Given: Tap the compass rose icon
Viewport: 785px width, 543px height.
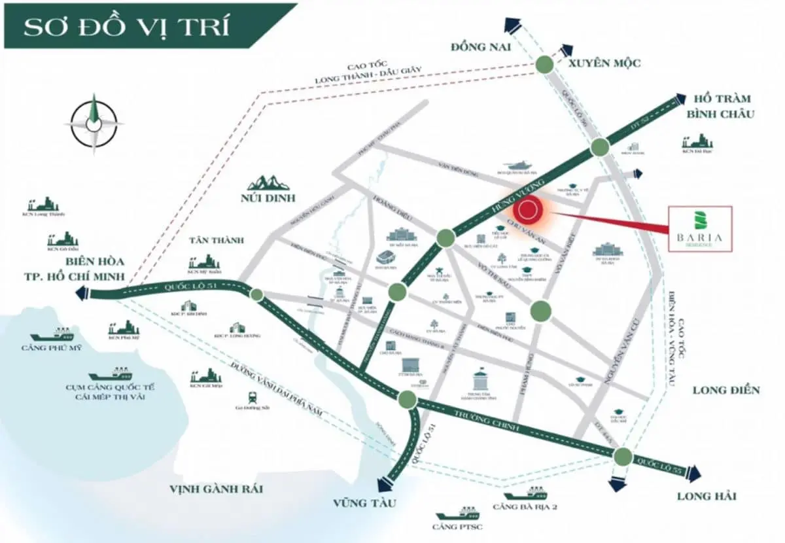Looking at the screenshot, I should tap(94, 123).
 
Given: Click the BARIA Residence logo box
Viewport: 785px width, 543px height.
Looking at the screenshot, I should tap(700, 228).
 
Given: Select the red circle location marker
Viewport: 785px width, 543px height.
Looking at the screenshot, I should tap(529, 211).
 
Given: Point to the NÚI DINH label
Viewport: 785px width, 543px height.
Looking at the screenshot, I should tap(267, 198).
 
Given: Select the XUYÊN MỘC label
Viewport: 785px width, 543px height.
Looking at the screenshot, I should tap(604, 63).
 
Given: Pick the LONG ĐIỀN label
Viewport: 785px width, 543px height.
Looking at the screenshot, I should tap(726, 391).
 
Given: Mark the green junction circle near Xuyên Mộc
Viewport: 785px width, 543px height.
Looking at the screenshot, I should tap(544, 64).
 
